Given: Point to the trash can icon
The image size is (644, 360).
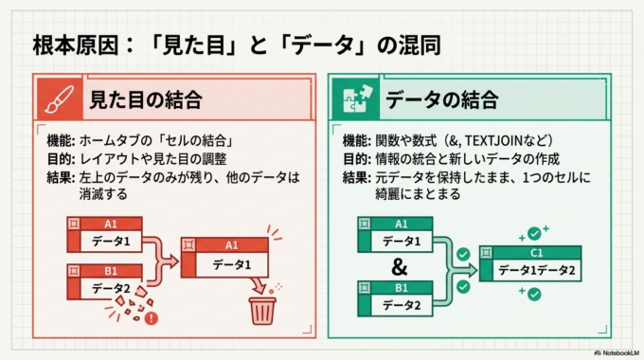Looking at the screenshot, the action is (262, 309).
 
